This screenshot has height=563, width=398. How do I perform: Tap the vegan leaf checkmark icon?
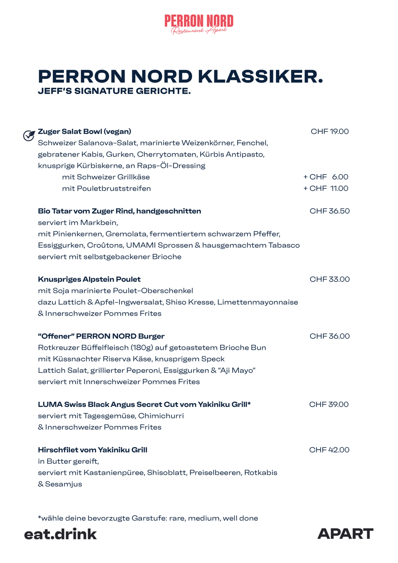coord(29,135)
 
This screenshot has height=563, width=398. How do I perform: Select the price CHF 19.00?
coord(330,132)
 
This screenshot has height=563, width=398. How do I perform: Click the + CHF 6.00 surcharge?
coord(326,177)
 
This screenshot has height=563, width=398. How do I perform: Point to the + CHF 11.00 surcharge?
coord(326,188)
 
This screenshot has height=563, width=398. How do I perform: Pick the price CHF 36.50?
coord(330,211)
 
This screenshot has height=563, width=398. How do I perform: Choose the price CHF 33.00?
coord(330,279)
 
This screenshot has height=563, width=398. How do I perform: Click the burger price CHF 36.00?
coord(330,336)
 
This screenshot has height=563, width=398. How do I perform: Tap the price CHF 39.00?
coord(329,404)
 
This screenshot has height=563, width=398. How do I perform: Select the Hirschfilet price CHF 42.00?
coord(329,450)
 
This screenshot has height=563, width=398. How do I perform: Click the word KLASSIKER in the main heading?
coord(260,77)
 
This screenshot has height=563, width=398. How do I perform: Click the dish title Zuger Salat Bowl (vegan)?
coord(85,132)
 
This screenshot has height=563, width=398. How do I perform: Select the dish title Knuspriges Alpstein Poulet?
coord(89,279)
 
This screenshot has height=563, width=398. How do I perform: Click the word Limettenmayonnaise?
coord(258,302)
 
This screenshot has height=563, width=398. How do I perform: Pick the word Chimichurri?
coord(161,416)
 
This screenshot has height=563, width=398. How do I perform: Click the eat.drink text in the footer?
coord(61,534)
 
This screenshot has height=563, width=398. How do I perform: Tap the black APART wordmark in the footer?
coord(345,534)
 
